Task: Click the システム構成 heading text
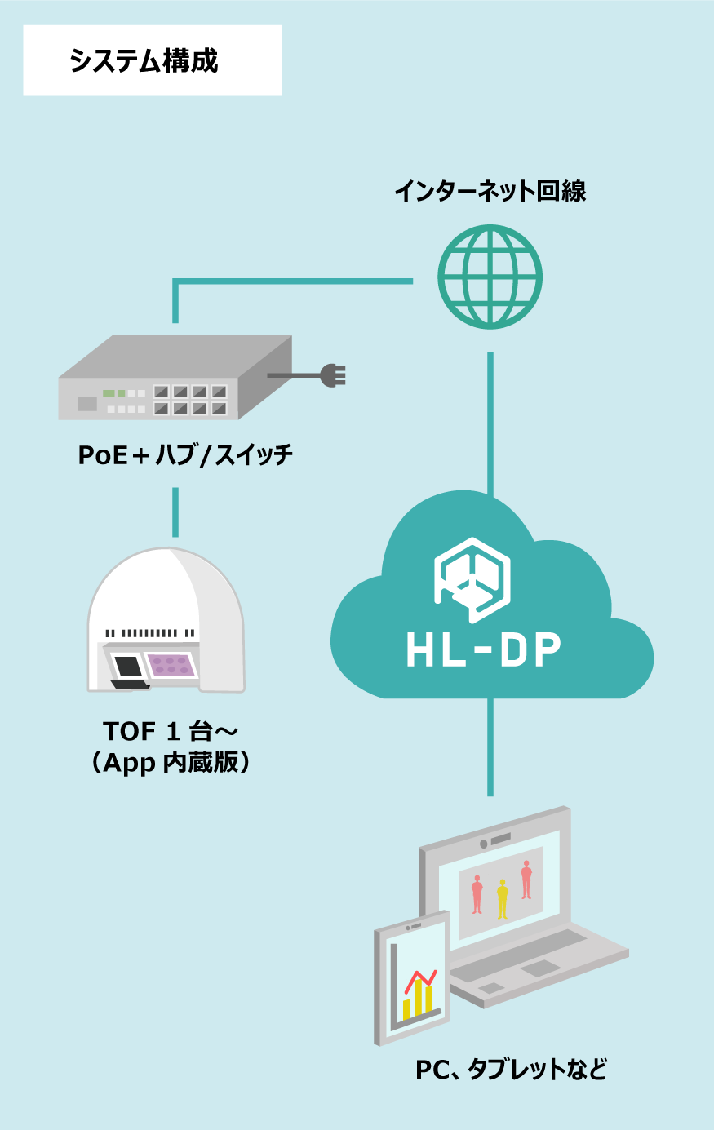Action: click(144, 61)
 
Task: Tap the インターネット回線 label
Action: click(490, 191)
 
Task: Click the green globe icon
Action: click(490, 277)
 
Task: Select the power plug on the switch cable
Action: click(333, 375)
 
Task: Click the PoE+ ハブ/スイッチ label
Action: click(185, 454)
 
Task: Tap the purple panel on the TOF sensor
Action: click(171, 665)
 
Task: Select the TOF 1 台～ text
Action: click(170, 730)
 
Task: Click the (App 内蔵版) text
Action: click(170, 762)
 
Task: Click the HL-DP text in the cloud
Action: click(484, 650)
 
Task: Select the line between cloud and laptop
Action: click(490, 747)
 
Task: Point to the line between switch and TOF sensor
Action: click(175, 512)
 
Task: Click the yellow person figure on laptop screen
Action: click(502, 897)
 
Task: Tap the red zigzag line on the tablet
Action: click(419, 978)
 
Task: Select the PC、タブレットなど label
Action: click(512, 1069)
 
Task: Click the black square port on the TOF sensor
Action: click(128, 667)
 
